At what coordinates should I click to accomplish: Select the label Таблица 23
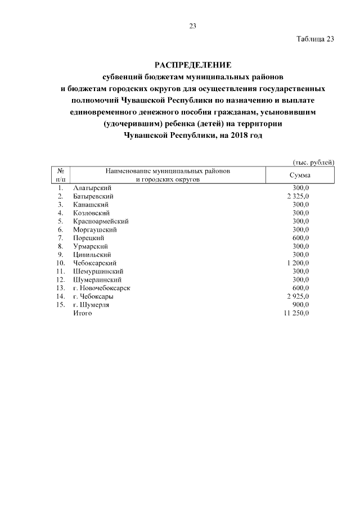[315, 39]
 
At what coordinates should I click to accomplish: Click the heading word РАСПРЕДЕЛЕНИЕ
[192, 65]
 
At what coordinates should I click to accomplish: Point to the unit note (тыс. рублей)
[314, 162]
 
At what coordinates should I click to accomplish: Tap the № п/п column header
[60, 175]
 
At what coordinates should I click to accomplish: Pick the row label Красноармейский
[101, 222]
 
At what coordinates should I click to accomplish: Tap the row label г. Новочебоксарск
[102, 288]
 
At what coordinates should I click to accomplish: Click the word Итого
[82, 313]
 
